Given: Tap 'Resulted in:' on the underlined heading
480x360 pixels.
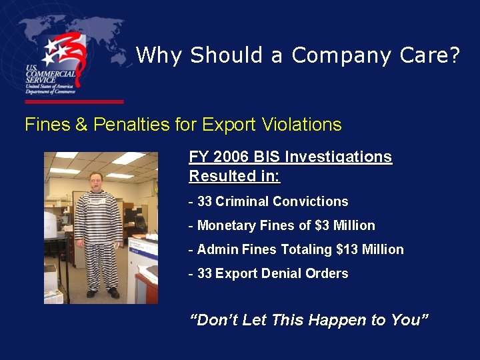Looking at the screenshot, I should (x=235, y=177).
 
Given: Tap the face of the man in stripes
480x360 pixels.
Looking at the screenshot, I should (x=99, y=182).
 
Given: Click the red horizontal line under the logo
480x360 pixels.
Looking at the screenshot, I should (x=73, y=102).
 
